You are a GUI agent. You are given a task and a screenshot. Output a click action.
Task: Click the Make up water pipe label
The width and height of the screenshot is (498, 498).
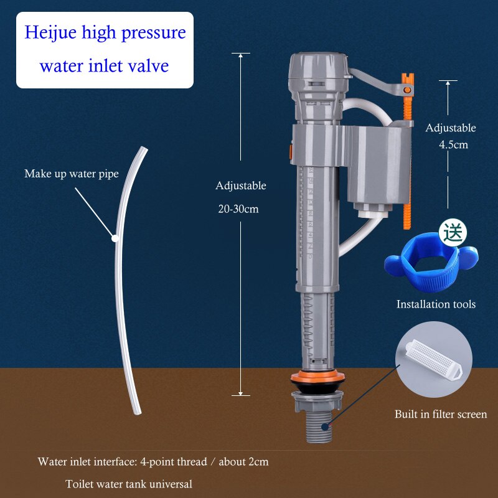click(x=71, y=174)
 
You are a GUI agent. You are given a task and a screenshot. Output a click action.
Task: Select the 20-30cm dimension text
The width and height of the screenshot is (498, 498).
click(x=238, y=209)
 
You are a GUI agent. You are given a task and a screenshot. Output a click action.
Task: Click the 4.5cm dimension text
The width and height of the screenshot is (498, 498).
click(x=454, y=144)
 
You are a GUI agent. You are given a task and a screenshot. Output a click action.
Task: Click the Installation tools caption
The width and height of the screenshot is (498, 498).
click(x=436, y=304)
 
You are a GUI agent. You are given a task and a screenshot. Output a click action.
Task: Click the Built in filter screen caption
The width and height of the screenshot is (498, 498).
click(x=441, y=414)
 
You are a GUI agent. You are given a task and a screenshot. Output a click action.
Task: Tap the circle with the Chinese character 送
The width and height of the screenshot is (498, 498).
click(x=453, y=233)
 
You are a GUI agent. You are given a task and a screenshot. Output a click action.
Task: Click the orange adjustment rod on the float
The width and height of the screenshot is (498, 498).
click(x=409, y=156)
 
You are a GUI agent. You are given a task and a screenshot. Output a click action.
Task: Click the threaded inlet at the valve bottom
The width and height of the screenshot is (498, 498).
click(x=319, y=426)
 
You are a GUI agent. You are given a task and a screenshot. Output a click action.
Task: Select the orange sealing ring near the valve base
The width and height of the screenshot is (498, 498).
click(x=317, y=377)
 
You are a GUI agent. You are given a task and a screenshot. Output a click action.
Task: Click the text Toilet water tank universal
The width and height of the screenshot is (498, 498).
click(x=129, y=484)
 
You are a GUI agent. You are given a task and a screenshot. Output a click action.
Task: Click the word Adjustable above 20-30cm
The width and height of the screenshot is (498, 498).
click(x=241, y=186)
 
